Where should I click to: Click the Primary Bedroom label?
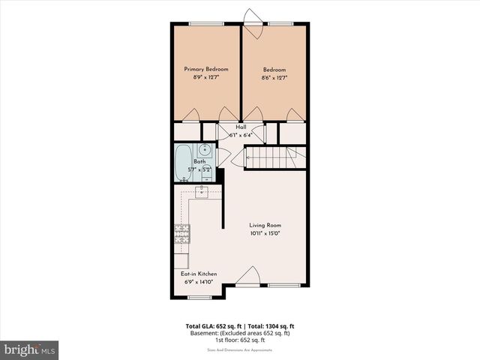[206, 69]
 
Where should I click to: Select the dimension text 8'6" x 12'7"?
[274, 77]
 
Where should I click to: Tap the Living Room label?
[265, 225]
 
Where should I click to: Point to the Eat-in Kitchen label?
[197, 274]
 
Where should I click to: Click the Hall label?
[241, 127]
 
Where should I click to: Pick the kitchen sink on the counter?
[202, 193]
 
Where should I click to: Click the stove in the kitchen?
[181, 235]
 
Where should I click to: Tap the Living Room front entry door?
[247, 277]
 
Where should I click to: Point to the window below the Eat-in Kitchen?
[199, 298]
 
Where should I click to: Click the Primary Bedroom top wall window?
[201, 23]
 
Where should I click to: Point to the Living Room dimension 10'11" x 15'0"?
[265, 233]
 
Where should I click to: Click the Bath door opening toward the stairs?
[223, 157]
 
